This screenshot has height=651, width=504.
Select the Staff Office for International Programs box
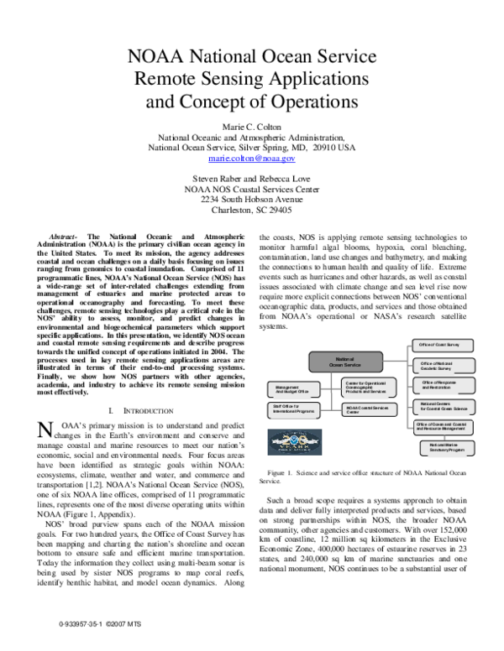[293, 409]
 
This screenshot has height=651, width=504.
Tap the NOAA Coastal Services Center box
[369, 410]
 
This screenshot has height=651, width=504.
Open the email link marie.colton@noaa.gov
[252, 158]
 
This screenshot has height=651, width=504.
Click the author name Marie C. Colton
[252, 124]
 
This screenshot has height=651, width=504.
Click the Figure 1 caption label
[287, 473]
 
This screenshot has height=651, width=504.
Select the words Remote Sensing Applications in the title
[252, 80]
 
